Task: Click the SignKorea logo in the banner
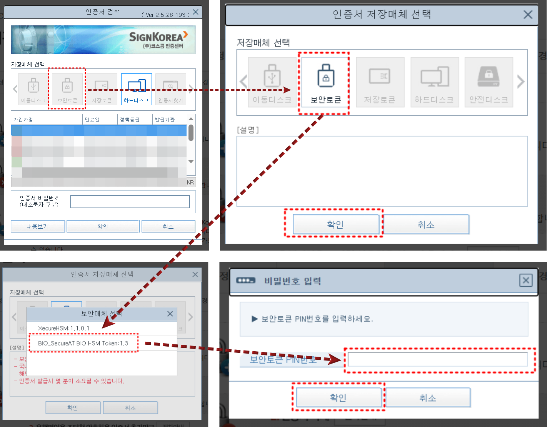[158, 39]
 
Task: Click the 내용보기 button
[37, 226]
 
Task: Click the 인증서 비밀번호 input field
[130, 201]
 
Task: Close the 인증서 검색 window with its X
[196, 12]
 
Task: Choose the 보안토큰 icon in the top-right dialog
[325, 82]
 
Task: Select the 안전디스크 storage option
[489, 82]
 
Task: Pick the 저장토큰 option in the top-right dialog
[380, 82]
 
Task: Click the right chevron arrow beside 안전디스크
[521, 81]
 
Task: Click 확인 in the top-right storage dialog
[335, 224]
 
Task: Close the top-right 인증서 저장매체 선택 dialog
[528, 15]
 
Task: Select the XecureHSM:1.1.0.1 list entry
[64, 328]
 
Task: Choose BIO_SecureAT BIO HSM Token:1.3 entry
[83, 343]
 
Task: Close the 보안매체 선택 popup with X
[170, 314]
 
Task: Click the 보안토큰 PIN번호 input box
[437, 360]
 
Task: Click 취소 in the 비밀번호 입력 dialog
[427, 397]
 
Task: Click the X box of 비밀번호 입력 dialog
[525, 280]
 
